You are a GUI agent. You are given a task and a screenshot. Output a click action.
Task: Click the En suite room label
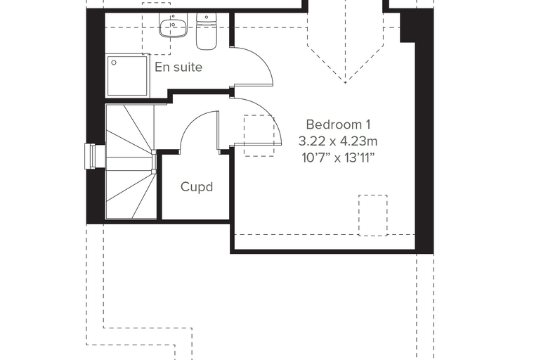click(x=178, y=67)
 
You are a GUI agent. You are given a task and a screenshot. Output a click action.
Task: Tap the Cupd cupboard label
click(x=197, y=187)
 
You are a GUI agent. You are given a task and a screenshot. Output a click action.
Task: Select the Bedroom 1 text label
click(x=338, y=124)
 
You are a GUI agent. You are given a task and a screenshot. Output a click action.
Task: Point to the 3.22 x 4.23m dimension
click(x=338, y=141)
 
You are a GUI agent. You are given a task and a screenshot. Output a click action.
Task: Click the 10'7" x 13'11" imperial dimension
click(x=338, y=157)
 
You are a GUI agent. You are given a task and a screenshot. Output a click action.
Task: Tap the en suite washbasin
click(x=173, y=25)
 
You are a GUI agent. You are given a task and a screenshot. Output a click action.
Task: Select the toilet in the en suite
click(x=207, y=32)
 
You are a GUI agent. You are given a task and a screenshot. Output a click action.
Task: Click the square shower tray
click(x=127, y=75)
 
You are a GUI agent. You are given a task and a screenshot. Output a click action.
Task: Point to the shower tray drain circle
click(x=114, y=63)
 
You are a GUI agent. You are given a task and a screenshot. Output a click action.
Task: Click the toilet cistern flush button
click(x=207, y=17)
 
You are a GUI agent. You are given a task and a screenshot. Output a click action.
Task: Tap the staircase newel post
click(x=154, y=162)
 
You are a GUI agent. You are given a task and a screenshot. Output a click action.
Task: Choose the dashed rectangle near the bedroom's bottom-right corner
click(x=373, y=215)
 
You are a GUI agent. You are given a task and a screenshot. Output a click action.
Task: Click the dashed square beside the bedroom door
click(x=259, y=136)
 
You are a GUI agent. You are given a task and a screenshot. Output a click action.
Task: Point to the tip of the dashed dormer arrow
click(x=345, y=83)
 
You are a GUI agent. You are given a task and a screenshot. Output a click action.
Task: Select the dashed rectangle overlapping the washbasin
click(x=156, y=29)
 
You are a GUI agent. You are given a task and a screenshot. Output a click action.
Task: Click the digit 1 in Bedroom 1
click(x=367, y=124)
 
